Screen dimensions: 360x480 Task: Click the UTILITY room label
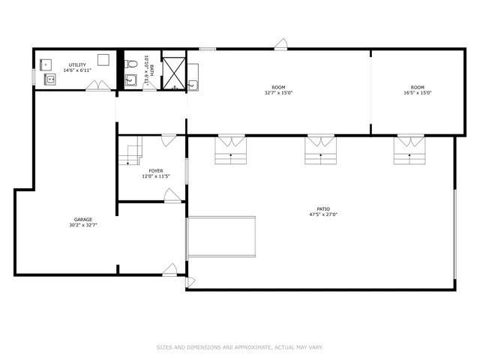[77, 64]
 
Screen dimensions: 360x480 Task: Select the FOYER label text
[155, 171]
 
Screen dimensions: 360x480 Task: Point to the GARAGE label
[82, 220]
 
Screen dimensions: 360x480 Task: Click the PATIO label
[322, 210]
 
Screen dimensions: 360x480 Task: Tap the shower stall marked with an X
[174, 71]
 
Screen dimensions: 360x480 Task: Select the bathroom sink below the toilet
[131, 80]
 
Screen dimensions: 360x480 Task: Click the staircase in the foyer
[132, 152]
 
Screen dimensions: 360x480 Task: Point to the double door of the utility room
[97, 86]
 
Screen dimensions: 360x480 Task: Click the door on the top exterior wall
[280, 45]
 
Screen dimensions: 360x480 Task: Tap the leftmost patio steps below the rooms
[231, 150]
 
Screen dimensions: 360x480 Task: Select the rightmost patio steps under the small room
[409, 150]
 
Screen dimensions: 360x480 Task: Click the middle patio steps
[320, 150]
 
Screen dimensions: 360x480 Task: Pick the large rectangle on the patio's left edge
[221, 237]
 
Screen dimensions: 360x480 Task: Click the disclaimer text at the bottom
[240, 347]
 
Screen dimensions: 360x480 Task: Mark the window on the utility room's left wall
[33, 77]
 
